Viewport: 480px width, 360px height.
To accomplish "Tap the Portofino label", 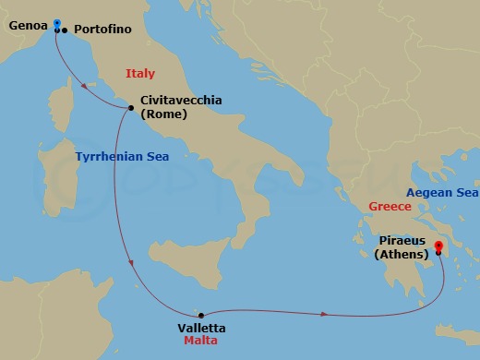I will coord(102,29).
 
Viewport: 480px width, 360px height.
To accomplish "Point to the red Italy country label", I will coord(142,73).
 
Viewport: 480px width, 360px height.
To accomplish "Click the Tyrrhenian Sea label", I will coord(122,157).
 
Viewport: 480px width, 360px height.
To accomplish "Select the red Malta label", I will coord(198,342).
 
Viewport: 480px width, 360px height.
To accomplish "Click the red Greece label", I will coord(390,207).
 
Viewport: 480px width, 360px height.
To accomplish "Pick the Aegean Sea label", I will coord(441,192).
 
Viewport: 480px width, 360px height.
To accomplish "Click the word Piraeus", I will coord(401,240).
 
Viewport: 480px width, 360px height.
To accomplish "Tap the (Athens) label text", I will coord(402,254).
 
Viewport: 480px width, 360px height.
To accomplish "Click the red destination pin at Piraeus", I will coord(438,246).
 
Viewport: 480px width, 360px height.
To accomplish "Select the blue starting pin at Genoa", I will coord(57,23).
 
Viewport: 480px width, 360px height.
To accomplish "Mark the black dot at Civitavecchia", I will coord(132,108).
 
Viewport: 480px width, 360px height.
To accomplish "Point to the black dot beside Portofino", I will coord(65,30).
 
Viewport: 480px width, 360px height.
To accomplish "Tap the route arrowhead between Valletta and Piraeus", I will coord(324,315).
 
